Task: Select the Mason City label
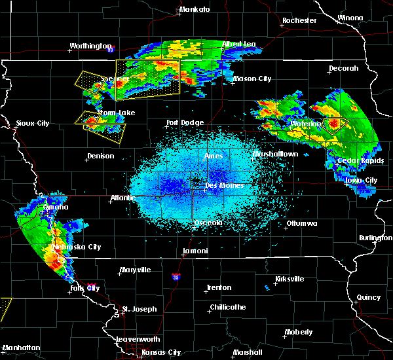[x=252, y=79]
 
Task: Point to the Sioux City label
[x=33, y=123]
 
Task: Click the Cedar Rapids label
[x=357, y=161]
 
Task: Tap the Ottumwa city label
[x=301, y=224]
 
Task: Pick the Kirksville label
[x=289, y=279]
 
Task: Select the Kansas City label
[x=160, y=352]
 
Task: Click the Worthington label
[x=91, y=46]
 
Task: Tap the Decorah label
[x=344, y=68]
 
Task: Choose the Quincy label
[x=369, y=298]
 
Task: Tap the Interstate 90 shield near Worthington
[x=110, y=50]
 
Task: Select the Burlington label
[x=375, y=238]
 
